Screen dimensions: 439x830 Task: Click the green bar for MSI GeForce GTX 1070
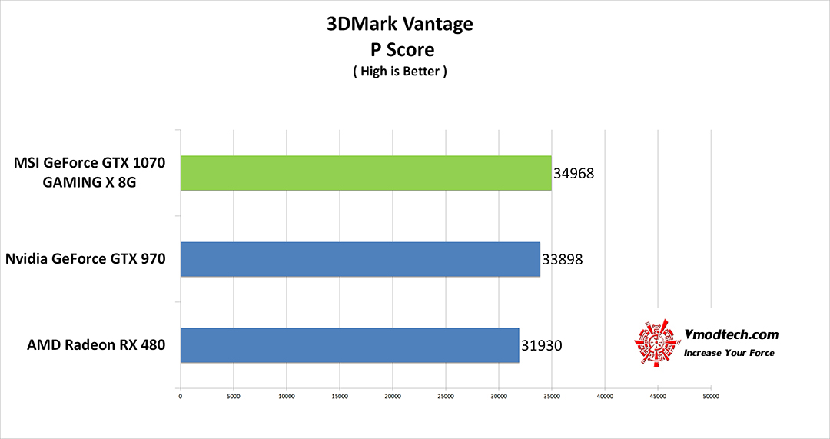(366, 173)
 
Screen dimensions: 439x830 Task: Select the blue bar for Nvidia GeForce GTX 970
(360, 259)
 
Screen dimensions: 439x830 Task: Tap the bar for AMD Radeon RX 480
(350, 345)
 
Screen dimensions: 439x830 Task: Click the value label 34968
(573, 174)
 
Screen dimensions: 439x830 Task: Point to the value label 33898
(562, 260)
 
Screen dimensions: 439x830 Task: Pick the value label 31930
(541, 346)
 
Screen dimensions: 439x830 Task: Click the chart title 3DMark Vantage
(400, 24)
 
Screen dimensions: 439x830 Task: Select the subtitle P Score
(400, 49)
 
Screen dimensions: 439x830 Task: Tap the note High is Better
(400, 72)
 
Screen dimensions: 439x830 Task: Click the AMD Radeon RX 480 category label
(97, 344)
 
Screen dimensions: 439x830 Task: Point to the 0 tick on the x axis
(181, 397)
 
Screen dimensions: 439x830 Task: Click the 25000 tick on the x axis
(446, 397)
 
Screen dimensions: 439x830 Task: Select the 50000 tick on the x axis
(711, 397)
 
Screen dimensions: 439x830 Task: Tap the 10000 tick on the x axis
(287, 397)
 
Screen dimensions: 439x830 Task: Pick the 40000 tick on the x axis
(605, 397)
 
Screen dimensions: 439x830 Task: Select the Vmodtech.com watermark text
(731, 334)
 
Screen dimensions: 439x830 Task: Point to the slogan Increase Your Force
(729, 354)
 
